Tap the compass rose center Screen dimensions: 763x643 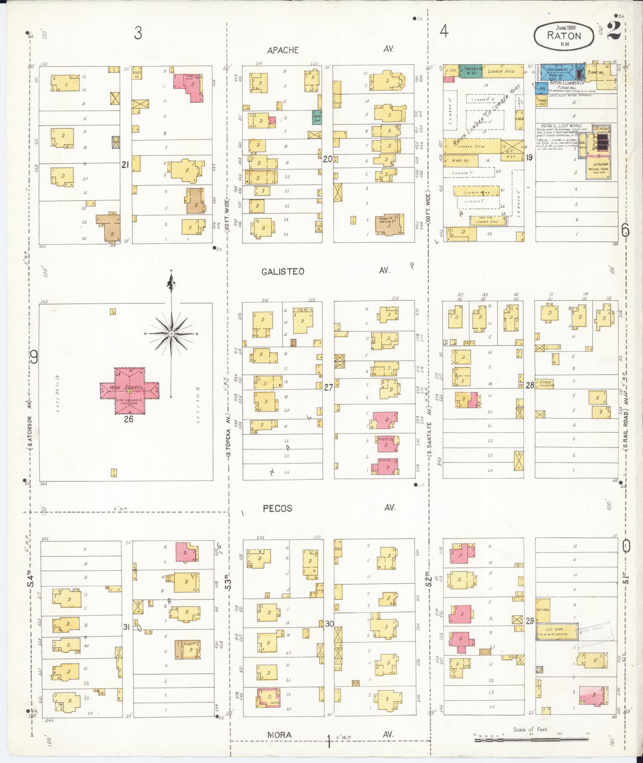click(171, 333)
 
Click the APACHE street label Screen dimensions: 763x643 click(283, 50)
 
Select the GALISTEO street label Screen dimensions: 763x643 click(283, 272)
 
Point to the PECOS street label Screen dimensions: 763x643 click(277, 509)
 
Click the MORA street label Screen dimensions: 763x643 click(279, 735)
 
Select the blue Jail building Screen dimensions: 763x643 click(541, 88)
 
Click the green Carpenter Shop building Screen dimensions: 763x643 click(317, 117)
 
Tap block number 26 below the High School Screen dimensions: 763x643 click(128, 419)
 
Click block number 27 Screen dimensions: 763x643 click(328, 387)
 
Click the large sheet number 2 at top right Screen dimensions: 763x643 click(614, 31)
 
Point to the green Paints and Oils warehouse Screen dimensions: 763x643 click(471, 71)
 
